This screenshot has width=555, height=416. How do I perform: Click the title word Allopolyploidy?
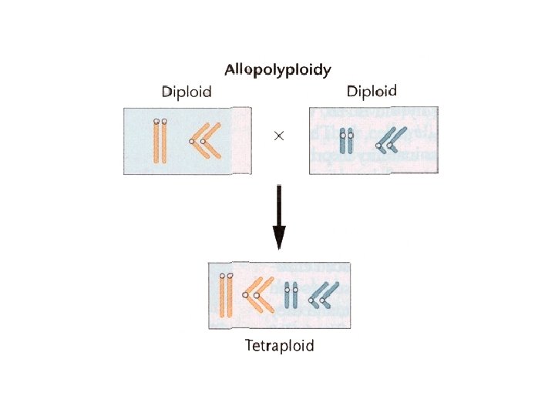(277, 70)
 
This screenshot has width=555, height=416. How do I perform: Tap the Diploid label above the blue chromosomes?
(372, 92)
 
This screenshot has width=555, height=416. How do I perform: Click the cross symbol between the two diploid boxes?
(279, 136)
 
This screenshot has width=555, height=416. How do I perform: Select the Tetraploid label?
(279, 346)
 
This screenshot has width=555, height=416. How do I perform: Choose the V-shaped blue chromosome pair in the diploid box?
(395, 139)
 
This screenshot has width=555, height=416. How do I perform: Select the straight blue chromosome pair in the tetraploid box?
(290, 294)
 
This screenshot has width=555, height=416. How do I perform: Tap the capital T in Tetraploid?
(249, 346)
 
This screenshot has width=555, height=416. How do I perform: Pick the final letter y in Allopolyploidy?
(327, 72)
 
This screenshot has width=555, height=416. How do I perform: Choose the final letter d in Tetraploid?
(309, 346)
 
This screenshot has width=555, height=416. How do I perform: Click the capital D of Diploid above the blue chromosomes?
(351, 92)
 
